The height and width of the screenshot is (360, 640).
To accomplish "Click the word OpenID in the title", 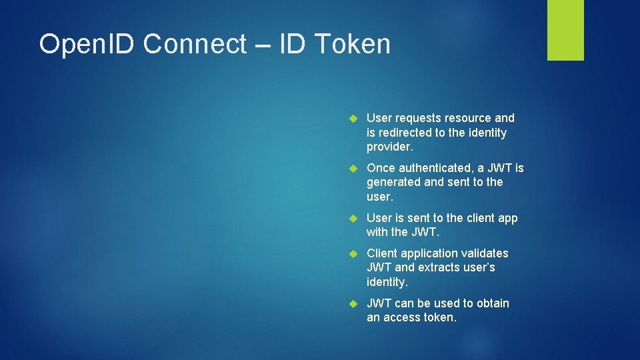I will point(86,45).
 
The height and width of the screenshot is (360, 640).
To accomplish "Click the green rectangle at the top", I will point(565,29).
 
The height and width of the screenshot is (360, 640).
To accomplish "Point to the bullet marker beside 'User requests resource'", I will point(354,119).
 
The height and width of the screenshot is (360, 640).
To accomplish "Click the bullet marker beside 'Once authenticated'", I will point(354,168).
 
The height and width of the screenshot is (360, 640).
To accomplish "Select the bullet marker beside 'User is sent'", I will point(354,218).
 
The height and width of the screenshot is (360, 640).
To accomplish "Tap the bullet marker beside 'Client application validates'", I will point(354,253).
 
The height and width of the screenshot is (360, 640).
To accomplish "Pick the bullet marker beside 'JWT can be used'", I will point(354,303).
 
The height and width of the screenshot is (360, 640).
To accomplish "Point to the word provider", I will point(390,147).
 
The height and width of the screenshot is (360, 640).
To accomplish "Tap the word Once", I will point(380,167).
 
